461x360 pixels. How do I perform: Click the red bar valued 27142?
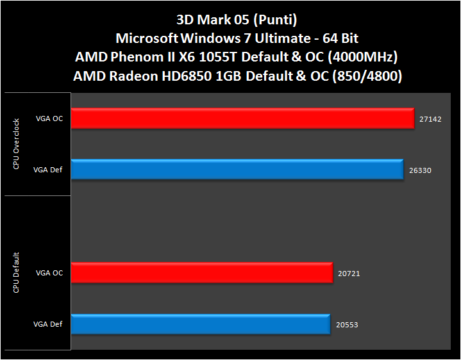pos(243,119)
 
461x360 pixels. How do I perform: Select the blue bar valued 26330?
pos(237,170)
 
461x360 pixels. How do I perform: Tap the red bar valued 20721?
pos(202,273)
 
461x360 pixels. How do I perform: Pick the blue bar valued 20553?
pos(201,324)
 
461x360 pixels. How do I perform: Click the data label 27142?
pos(431,119)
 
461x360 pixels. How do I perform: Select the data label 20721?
pos(349,274)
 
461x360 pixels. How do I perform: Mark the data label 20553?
pos(347,325)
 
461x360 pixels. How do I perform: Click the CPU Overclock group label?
pos(16,144)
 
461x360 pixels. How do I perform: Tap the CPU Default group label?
pos(16,273)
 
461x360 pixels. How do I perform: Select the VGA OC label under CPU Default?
pos(49,274)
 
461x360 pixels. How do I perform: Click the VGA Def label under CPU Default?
pos(49,325)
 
